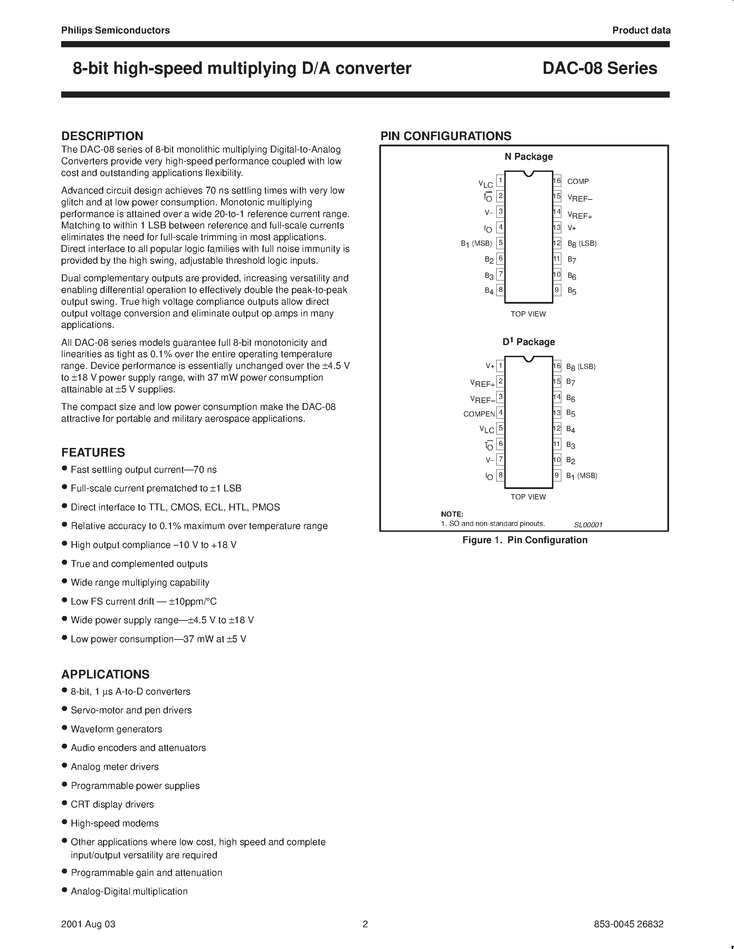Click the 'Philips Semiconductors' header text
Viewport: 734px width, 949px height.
115,30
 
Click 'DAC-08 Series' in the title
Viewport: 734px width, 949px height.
600,68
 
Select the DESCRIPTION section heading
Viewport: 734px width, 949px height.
102,136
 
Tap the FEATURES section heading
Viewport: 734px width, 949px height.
93,452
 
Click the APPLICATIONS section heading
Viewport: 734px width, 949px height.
105,674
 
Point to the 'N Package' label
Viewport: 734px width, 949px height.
528,156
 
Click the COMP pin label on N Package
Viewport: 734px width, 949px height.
578,182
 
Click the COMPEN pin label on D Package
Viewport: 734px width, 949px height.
479,414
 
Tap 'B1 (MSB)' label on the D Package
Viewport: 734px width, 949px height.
581,476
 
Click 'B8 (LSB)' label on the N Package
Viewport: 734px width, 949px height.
582,243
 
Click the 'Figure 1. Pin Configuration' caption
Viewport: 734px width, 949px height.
525,540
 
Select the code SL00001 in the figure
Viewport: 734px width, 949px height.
588,525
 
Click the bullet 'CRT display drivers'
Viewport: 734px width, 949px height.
112,804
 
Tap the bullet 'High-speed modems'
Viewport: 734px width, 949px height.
114,823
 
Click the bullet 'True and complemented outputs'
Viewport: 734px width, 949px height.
139,564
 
